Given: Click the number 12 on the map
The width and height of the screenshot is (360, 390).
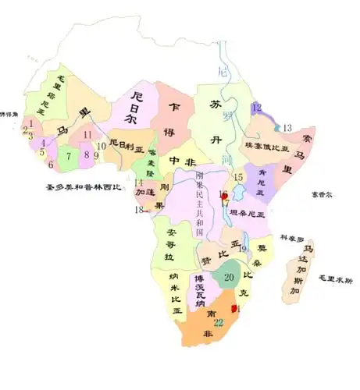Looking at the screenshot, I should pos(256,108).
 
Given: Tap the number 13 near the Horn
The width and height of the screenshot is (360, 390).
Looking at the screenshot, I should pos(287,127).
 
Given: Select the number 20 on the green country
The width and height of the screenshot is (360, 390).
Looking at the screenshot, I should pos(230,277).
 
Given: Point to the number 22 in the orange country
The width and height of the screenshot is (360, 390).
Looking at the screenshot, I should pos(219,322).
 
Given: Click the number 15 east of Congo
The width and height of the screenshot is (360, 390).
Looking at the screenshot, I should pos(239,178).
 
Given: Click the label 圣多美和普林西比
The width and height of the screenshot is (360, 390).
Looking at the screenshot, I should pos(82,187).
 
